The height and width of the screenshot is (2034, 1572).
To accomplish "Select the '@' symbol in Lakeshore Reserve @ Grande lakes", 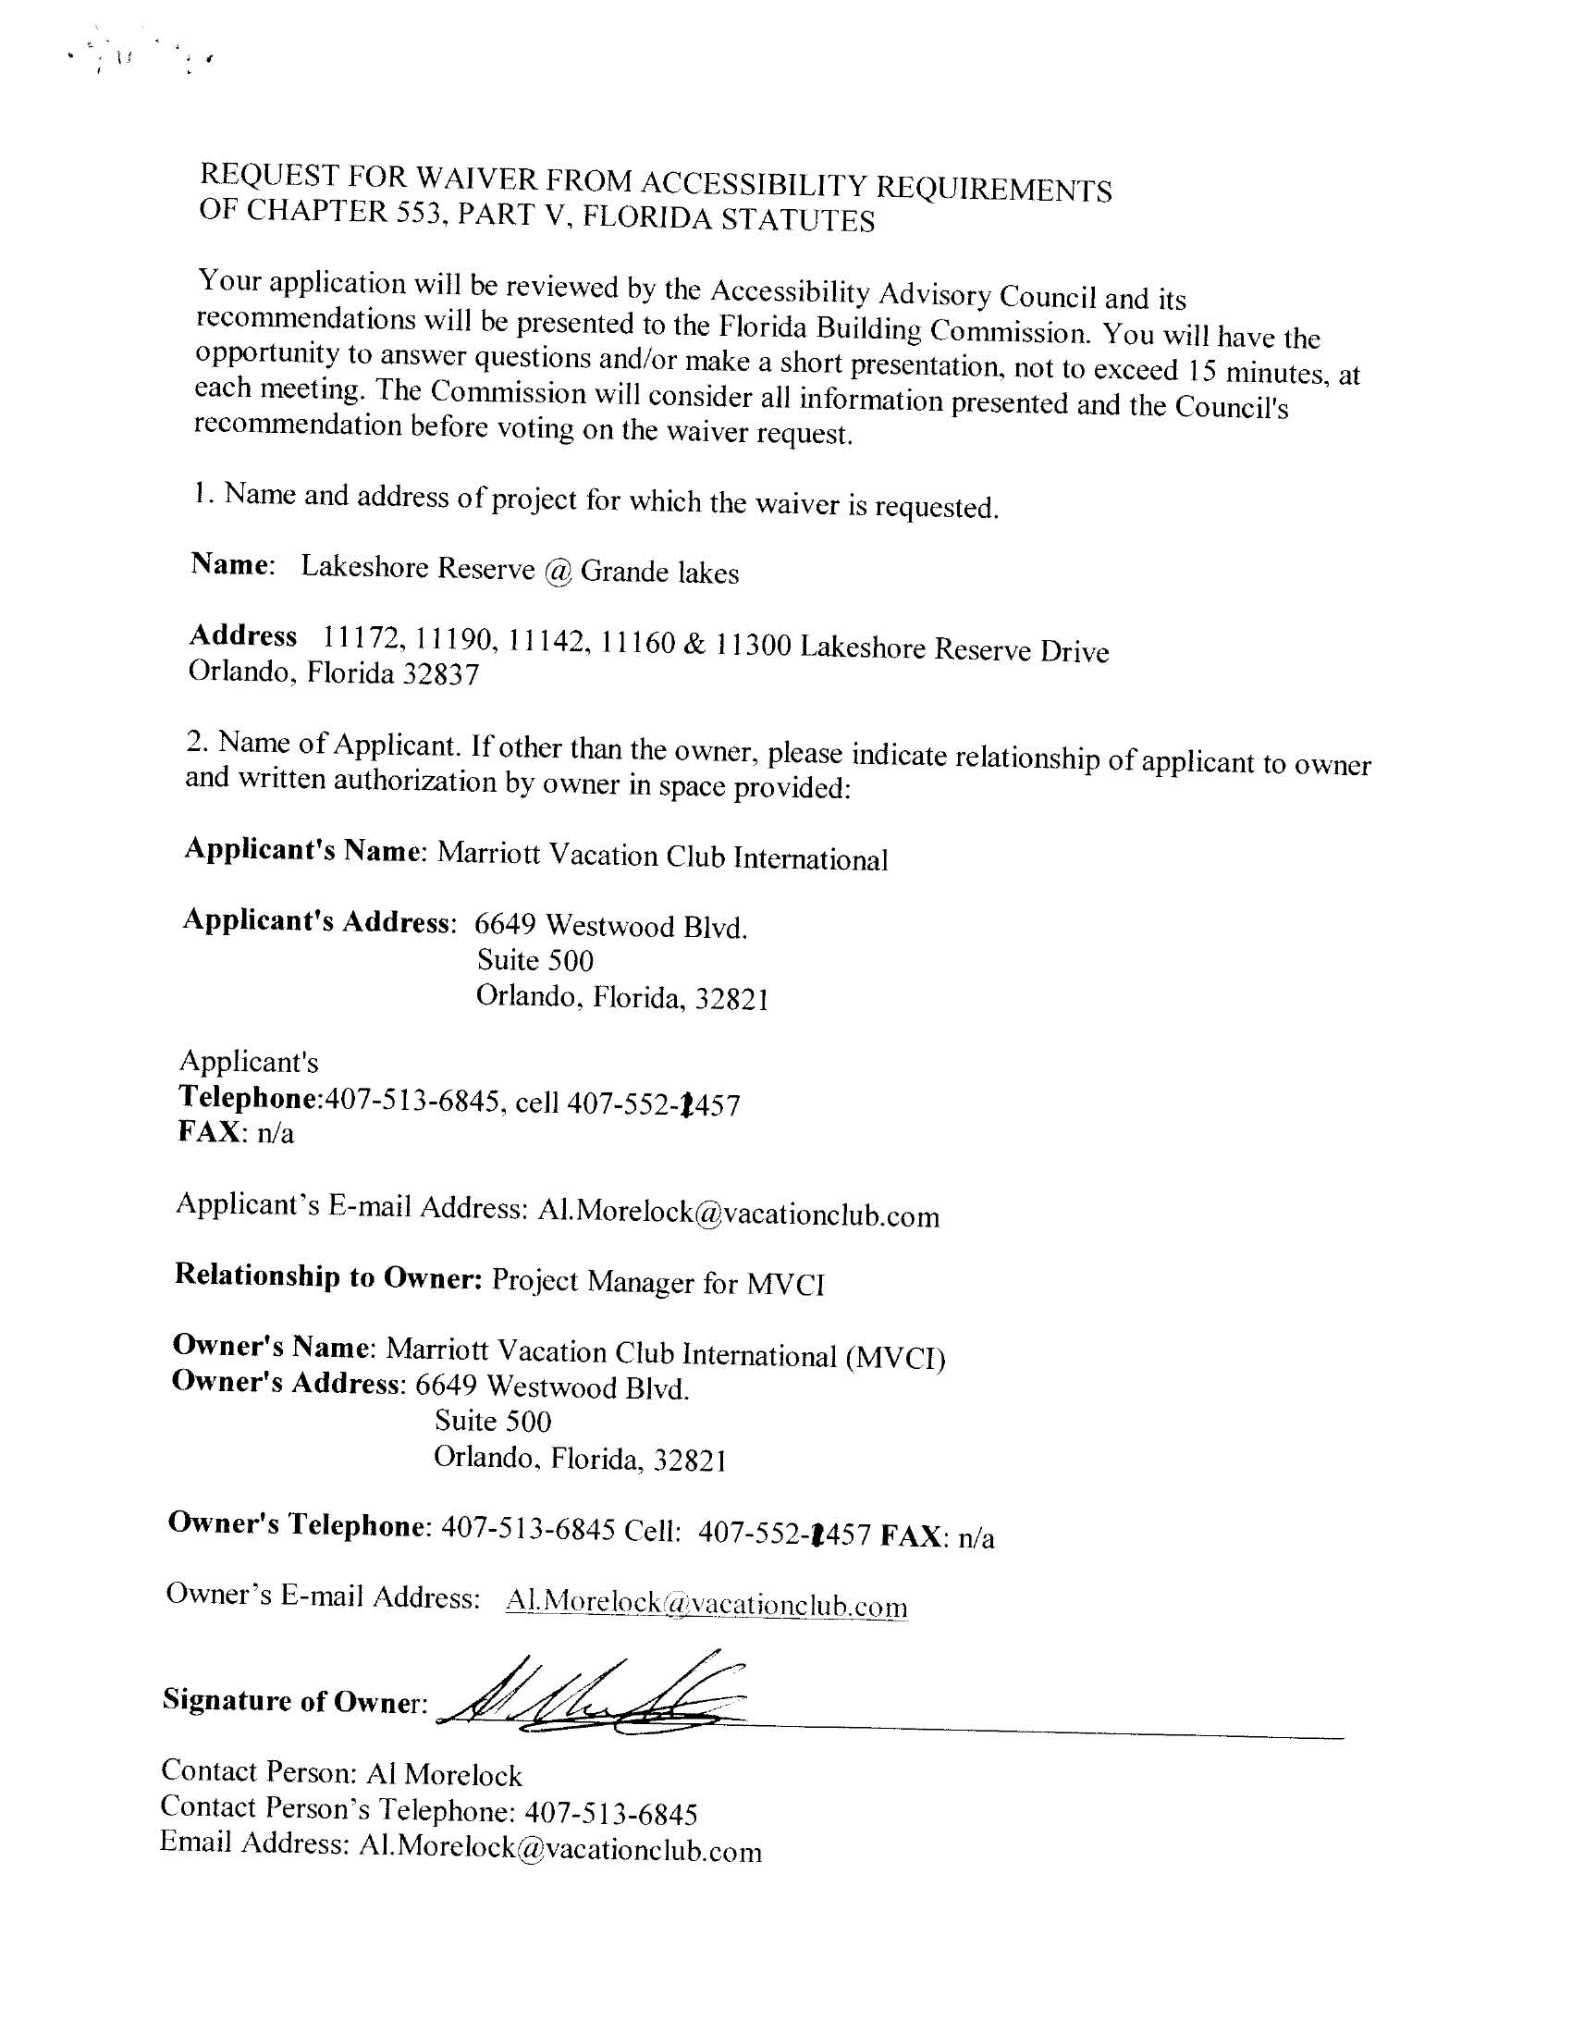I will [557, 570].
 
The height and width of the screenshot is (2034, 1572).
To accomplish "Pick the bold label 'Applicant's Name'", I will [302, 850].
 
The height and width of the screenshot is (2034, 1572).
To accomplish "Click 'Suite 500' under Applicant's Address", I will [534, 960].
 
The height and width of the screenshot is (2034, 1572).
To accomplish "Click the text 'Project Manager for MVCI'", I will [657, 1282].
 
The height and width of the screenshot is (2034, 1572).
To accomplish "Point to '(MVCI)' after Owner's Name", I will [895, 1357].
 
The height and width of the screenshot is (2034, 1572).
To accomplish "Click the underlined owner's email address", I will [706, 1605].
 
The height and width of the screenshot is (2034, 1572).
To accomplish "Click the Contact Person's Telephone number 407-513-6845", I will [611, 1813].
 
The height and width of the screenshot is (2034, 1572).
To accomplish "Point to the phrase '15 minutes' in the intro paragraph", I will [1258, 371].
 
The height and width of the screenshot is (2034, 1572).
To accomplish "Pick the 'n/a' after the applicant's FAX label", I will [275, 1133].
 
